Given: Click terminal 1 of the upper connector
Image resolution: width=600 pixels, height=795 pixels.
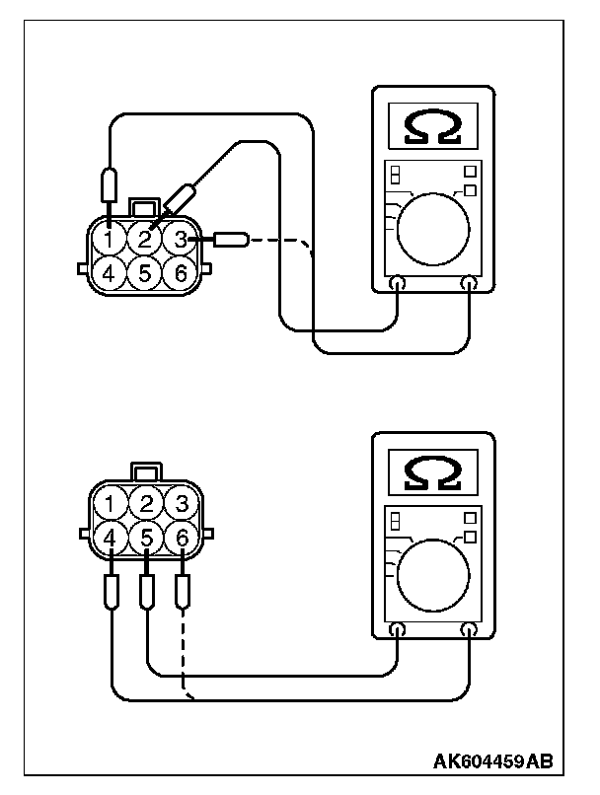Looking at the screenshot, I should coord(110,238).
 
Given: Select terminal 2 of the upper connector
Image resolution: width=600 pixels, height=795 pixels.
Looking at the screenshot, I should coord(144,238).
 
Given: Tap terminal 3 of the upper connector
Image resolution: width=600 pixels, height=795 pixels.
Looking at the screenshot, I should coord(179,238).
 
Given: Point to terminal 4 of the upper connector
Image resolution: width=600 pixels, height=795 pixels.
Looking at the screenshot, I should coord(110,272).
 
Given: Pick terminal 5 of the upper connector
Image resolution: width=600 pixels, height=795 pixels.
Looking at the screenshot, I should coord(144,272).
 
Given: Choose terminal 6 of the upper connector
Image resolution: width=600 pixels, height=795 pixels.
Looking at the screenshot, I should coord(179,272).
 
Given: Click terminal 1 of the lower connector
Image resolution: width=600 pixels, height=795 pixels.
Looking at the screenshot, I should coord(111,504).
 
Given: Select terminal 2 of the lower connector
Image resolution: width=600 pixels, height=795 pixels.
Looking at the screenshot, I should coord(145,504).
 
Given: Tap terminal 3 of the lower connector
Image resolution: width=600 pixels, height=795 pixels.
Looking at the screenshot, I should coord(180,504).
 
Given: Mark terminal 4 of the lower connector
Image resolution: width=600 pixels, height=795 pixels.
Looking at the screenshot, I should coord(111,539).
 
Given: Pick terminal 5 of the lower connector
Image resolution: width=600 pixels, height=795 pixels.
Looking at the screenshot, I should coord(145,539).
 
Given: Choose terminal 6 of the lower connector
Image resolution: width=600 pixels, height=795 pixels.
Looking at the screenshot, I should coord(180,539).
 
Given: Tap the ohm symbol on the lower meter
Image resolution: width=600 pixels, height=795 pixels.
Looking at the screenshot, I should coord(432,472).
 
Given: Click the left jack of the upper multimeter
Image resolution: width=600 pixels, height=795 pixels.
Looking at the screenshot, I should coord(397,284).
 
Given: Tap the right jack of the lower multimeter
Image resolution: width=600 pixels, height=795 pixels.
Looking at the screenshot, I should coord(469,629).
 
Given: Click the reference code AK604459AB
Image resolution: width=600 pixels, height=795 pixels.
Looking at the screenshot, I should coord(491,761).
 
